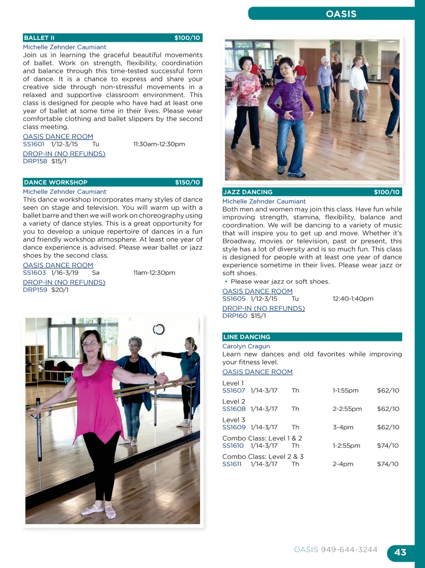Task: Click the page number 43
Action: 400,552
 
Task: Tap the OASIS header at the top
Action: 341,14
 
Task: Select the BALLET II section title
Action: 39,38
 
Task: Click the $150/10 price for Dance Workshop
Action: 187,182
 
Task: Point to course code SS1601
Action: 34,144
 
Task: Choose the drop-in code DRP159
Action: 35,290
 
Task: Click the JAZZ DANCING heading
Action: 248,192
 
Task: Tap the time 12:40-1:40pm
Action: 353,299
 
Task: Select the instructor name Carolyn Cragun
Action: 246,346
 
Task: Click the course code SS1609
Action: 234,427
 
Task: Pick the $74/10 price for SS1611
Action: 388,464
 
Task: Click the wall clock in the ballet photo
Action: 159,330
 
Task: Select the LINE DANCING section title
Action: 247,337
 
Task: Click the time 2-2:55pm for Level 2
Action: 347,409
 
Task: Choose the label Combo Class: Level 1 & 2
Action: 262,438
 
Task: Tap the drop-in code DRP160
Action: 234,316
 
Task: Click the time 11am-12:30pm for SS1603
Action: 154,273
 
